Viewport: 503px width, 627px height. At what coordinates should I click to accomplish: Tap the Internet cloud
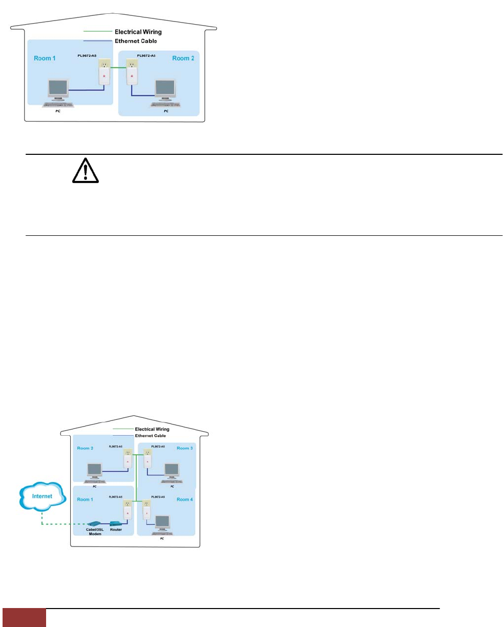pyautogui.click(x=43, y=496)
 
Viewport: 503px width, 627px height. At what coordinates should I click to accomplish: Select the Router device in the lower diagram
pyautogui.click(x=116, y=523)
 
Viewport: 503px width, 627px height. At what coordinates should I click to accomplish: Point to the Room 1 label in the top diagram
pyautogui.click(x=46, y=58)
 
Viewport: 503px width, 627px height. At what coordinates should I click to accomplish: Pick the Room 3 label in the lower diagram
pyautogui.click(x=184, y=448)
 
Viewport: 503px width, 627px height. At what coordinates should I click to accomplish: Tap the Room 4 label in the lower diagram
pyautogui.click(x=184, y=499)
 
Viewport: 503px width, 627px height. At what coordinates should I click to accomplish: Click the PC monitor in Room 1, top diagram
pyautogui.click(x=57, y=89)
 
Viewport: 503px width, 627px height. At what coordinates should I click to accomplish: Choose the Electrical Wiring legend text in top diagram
pyautogui.click(x=139, y=32)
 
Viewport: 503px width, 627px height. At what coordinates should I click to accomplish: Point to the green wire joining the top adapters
pyautogui.click(x=118, y=68)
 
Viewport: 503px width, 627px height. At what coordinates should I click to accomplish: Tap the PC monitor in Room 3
pyautogui.click(x=172, y=470)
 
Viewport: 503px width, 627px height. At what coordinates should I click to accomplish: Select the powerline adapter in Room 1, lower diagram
pyautogui.click(x=127, y=511)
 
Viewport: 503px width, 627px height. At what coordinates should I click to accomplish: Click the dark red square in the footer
pyautogui.click(x=24, y=618)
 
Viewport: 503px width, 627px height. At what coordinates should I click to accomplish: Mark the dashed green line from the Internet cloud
pyautogui.click(x=56, y=524)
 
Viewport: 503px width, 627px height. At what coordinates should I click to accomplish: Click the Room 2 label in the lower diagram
pyautogui.click(x=85, y=448)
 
